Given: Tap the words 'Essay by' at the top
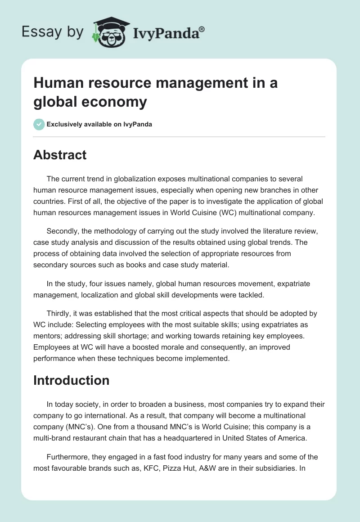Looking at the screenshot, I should pyautogui.click(x=53, y=32).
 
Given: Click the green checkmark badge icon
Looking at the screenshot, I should pyautogui.click(x=39, y=124).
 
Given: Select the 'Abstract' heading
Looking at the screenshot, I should pyautogui.click(x=60, y=155).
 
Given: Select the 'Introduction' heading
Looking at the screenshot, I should pyautogui.click(x=71, y=380).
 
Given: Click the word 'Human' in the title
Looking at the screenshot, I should pyautogui.click(x=59, y=83).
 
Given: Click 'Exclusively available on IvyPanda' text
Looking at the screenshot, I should pyautogui.click(x=99, y=124).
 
